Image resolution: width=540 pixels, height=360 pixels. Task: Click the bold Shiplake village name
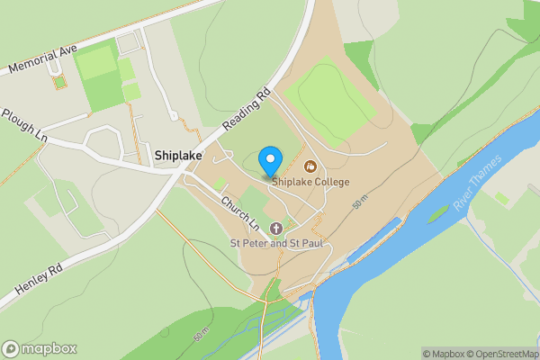point(177,156)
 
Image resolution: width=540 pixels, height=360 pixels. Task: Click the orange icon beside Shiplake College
point(311,166)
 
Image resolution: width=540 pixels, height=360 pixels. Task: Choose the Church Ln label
point(239,212)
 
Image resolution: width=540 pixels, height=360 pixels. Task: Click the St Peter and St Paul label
point(275,244)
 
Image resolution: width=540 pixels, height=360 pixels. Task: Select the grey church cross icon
point(275,229)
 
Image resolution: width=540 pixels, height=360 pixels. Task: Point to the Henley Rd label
point(37,278)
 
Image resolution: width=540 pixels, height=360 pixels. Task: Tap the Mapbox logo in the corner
point(40,348)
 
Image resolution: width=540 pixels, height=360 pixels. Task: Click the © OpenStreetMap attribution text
point(499,354)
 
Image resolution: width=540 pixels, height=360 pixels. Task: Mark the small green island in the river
point(437,214)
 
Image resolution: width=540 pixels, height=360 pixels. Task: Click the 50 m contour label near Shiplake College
point(361,206)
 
